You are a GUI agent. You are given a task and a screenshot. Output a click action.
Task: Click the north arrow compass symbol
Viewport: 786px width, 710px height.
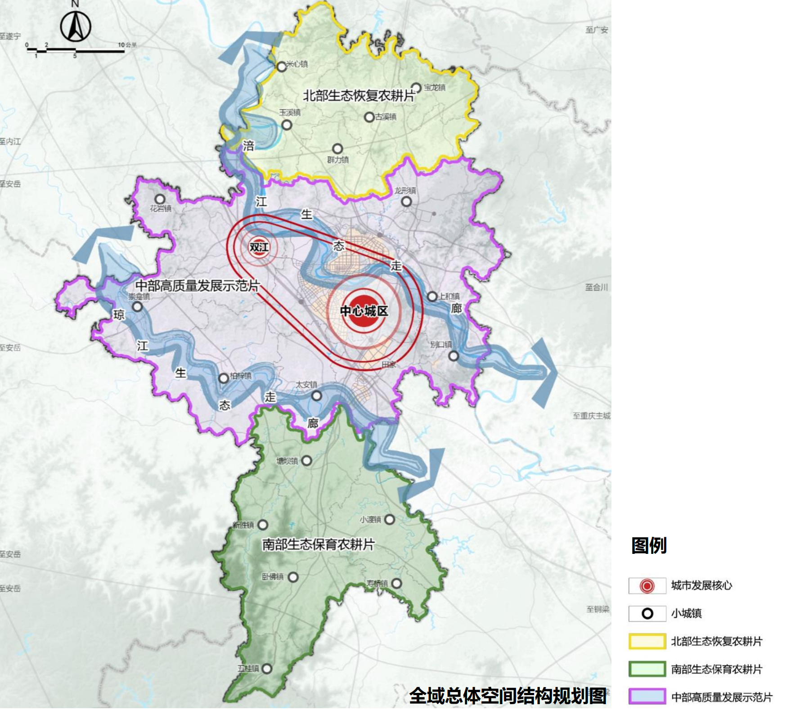[76, 26]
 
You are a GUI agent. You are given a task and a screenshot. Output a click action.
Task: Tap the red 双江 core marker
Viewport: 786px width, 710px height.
[259, 247]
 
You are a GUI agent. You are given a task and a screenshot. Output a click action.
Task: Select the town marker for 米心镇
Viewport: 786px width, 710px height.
[282, 67]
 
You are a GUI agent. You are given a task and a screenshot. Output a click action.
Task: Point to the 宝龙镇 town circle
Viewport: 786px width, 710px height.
[416, 87]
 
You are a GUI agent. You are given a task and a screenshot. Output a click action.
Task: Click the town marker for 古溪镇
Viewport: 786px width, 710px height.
[369, 117]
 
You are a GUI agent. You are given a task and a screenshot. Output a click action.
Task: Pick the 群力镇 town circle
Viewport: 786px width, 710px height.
[337, 148]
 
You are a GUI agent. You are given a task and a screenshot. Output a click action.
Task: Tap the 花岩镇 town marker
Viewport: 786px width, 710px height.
[160, 199]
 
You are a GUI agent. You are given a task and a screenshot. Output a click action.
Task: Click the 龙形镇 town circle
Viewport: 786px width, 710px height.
[406, 202]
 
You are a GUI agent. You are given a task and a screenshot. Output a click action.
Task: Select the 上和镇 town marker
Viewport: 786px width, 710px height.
[432, 296]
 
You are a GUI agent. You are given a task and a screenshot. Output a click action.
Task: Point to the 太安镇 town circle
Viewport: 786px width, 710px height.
[317, 396]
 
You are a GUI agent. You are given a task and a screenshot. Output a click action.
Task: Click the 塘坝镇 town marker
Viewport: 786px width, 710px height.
[307, 461]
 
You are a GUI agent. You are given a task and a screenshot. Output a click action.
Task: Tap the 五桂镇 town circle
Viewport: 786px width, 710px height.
[267, 669]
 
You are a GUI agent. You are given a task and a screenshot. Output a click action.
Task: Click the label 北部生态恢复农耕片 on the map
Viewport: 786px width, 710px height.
[359, 95]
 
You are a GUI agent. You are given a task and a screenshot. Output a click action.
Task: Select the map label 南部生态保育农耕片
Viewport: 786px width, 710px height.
[318, 544]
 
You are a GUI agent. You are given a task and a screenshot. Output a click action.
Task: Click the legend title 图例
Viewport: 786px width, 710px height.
[648, 545]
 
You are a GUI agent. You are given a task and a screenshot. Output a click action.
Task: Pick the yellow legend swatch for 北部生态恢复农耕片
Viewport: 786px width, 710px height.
[647, 641]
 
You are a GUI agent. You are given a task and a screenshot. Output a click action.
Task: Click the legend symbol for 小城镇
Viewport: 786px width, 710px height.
[647, 614]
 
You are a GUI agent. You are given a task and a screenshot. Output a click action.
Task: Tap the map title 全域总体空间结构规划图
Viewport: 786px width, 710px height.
[508, 696]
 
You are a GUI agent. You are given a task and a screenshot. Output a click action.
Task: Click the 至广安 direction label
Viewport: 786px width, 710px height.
[597, 30]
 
